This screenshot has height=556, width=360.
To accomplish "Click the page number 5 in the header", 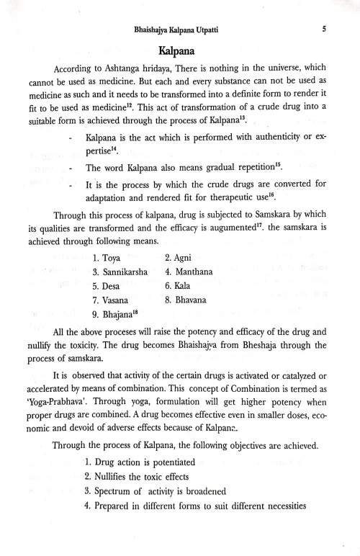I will [x=325, y=30].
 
